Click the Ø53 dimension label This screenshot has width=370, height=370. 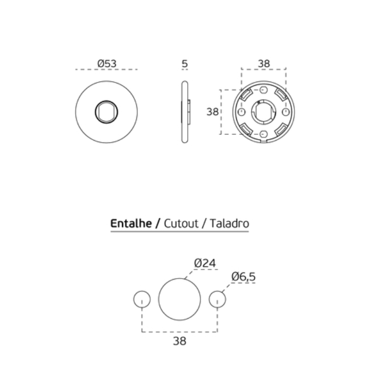coord(107,63)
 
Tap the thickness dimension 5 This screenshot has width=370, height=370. coord(185,63)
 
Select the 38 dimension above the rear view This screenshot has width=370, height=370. coord(264,63)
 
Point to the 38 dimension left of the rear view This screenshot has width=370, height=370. coord(212,112)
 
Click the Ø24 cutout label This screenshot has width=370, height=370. coord(205,263)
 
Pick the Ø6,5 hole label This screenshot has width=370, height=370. coord(243,276)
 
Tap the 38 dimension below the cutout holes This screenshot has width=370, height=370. coord(180,341)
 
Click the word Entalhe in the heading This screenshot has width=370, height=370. coord(131,223)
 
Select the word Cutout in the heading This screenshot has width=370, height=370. coord(181,223)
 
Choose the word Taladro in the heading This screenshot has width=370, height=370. coord(229,223)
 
